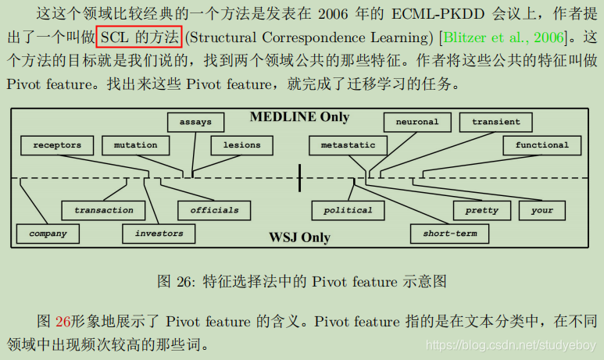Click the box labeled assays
pyautogui.click(x=195, y=122)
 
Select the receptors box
pyautogui.click(x=58, y=144)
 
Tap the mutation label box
pyautogui.click(x=135, y=144)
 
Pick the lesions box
pyautogui.click(x=241, y=144)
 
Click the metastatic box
pyautogui.click(x=348, y=144)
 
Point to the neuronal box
pyautogui.click(x=416, y=122)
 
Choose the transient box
pyautogui.click(x=496, y=122)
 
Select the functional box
pyautogui.click(x=541, y=144)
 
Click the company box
pyautogui.click(x=48, y=233)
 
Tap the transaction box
pyautogui.click(x=104, y=210)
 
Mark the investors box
pyautogui.click(x=159, y=233)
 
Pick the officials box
pyautogui.click(x=214, y=210)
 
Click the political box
pyautogui.click(x=348, y=210)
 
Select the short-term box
pyautogui.click(x=449, y=233)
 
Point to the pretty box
pyautogui.click(x=481, y=210)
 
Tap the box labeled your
pyautogui.click(x=541, y=210)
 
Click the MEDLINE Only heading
pyautogui.click(x=299, y=117)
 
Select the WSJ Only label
pyautogui.click(x=300, y=237)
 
